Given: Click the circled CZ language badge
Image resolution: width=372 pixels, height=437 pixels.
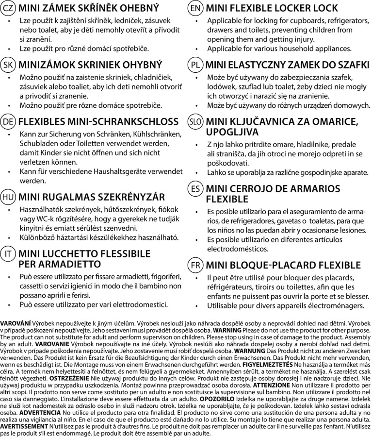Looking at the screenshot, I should (8, 8).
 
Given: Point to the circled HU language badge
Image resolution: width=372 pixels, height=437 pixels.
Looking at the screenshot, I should (8, 197).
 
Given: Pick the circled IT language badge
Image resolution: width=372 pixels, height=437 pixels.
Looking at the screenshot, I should (8, 254).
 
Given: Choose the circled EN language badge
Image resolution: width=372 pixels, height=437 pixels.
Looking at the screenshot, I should (195, 8).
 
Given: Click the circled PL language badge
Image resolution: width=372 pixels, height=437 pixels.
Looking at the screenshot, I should (195, 65).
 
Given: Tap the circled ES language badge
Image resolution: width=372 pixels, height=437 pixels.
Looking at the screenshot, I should (195, 189).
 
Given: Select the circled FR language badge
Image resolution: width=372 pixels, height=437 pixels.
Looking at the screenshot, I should (195, 265).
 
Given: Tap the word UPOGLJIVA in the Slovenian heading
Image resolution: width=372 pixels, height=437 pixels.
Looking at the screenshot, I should (232, 132).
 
